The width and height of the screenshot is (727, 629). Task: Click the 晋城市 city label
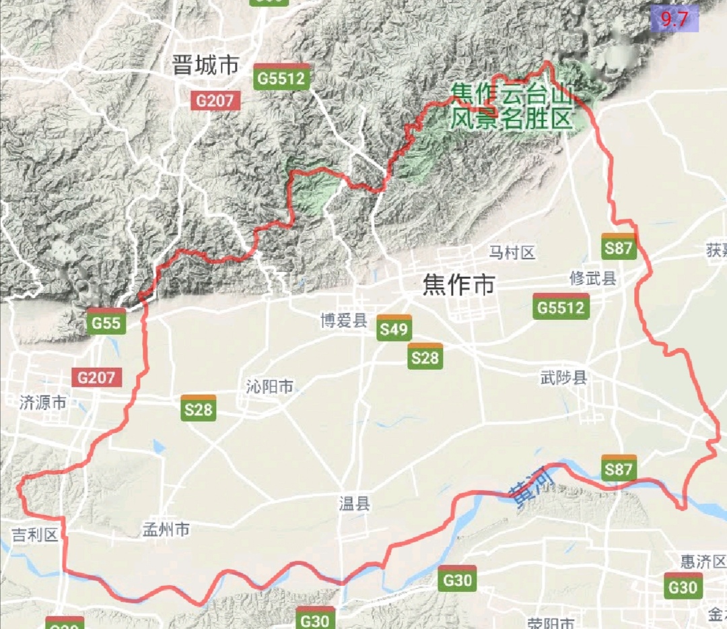[205, 65]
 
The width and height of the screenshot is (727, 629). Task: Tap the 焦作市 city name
[458, 285]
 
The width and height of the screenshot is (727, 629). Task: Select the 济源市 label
[43, 403]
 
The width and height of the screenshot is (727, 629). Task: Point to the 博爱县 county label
[344, 321]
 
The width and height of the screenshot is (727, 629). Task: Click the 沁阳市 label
[270, 387]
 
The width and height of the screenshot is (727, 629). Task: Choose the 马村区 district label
[512, 253]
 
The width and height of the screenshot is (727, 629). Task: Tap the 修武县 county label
[593, 278]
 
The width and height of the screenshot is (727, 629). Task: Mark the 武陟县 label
[564, 377]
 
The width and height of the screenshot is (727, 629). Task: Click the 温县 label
[355, 503]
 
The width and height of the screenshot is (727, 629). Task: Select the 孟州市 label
[166, 530]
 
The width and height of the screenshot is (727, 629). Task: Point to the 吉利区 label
[36, 535]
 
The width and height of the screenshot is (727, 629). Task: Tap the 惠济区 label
[703, 561]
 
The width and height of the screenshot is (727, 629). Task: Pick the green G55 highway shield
[106, 323]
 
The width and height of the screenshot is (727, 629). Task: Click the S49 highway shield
[394, 329]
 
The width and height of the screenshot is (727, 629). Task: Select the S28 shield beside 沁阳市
[198, 409]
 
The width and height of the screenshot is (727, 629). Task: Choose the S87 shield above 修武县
[619, 247]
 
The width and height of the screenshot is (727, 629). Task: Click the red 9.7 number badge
[674, 20]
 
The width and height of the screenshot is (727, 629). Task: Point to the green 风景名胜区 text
[512, 119]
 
